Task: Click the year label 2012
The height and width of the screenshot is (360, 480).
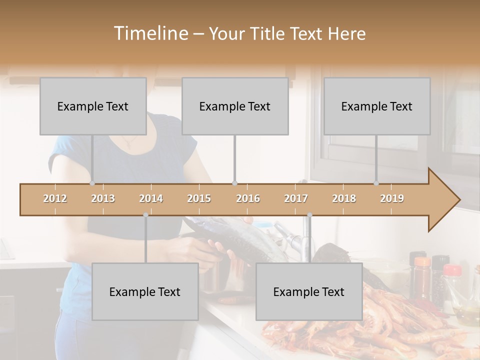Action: pyautogui.click(x=55, y=198)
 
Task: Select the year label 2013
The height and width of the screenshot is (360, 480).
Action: pyautogui.click(x=103, y=198)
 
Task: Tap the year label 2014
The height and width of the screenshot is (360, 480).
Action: pyautogui.click(x=151, y=198)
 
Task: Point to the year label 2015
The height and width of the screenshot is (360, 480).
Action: pyautogui.click(x=199, y=198)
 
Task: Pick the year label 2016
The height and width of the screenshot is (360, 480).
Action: pyautogui.click(x=248, y=198)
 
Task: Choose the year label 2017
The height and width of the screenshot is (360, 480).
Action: pyautogui.click(x=296, y=198)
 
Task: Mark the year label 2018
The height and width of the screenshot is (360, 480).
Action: pyautogui.click(x=344, y=198)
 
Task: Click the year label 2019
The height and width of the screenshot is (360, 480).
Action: pyautogui.click(x=392, y=198)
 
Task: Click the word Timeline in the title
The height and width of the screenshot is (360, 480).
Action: pyautogui.click(x=150, y=33)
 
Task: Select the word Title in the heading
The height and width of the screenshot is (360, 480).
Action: pyautogui.click(x=269, y=34)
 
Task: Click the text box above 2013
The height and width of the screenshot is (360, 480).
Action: pyautogui.click(x=93, y=106)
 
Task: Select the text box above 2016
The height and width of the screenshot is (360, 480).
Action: pyautogui.click(x=235, y=106)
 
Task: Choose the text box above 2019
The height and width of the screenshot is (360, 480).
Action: pyautogui.click(x=377, y=106)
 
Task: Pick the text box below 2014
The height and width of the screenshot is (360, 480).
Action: pyautogui.click(x=145, y=291)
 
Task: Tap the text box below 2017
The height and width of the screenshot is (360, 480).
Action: pyautogui.click(x=309, y=291)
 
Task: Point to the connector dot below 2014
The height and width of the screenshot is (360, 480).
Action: pyautogui.click(x=145, y=215)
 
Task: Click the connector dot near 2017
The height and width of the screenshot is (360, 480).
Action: pyautogui.click(x=309, y=215)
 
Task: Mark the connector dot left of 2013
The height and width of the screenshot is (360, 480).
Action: pyautogui.click(x=92, y=183)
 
